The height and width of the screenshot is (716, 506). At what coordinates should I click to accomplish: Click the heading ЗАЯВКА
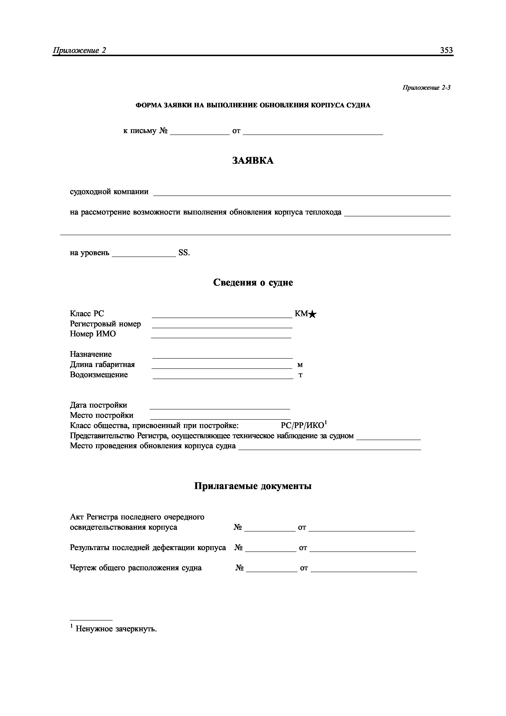pos(253,161)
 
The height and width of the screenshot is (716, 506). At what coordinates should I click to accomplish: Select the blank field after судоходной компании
pos(302,193)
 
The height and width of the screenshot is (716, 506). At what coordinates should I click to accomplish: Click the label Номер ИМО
pos(93,334)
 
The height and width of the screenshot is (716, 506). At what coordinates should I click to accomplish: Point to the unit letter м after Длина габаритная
pos(300,365)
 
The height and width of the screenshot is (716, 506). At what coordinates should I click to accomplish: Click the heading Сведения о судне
pos(253,282)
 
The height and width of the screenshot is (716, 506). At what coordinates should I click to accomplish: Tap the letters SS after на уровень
pos(183,253)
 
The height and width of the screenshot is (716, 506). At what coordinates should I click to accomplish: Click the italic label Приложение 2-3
pos(426,88)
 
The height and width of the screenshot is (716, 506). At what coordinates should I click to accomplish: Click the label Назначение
pos(91,354)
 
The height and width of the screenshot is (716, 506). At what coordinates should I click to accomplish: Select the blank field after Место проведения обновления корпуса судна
pos(329,447)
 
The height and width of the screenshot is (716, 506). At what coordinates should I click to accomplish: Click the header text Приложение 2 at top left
pos(80,50)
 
